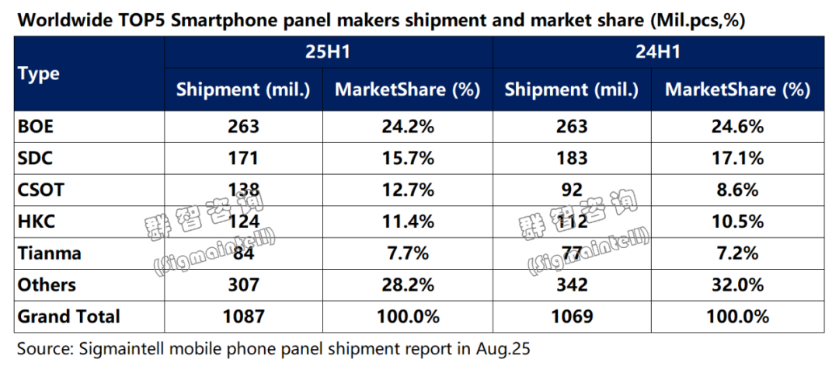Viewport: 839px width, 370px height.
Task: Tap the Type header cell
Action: click(39, 74)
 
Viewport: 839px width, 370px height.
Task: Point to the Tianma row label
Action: click(49, 253)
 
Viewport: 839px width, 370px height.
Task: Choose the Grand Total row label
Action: click(69, 316)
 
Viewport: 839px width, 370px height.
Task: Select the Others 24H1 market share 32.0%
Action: click(737, 284)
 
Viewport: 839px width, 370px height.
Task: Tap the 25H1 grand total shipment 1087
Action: click(244, 316)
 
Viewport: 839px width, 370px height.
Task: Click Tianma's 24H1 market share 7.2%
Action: click(737, 253)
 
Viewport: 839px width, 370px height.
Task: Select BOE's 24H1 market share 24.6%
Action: click(737, 127)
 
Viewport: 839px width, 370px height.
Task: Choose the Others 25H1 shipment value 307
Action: click(244, 284)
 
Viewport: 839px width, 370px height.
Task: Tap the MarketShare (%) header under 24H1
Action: click(737, 90)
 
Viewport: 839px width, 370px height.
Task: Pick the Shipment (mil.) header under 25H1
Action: click(244, 90)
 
